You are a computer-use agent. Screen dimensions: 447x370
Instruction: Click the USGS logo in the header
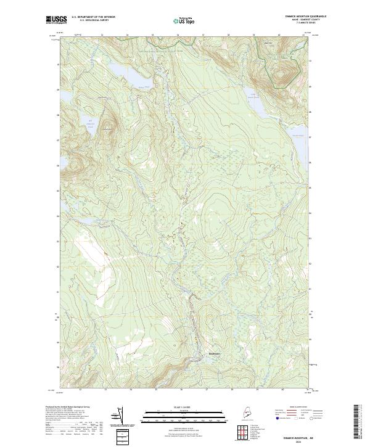click(x=56, y=20)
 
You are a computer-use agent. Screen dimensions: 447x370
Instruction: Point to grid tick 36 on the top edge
click(x=178, y=35)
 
